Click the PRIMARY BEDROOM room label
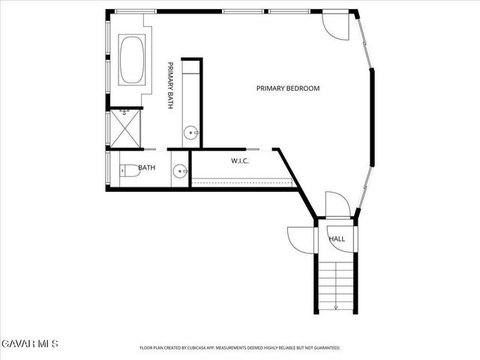pos(288,88)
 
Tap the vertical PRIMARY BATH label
pos(171,85)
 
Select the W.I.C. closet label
pos(240,161)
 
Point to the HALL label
pos(337,238)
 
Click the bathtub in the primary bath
pos(133,60)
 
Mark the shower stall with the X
pos(125,128)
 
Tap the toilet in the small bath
pos(130,170)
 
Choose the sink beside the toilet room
pos(179,172)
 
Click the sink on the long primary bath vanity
pos(192,133)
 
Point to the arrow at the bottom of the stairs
pos(336,307)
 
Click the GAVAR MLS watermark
pos(28,343)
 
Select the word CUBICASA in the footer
pos(202,348)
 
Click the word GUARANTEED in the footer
pos(324,348)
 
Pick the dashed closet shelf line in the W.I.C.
pos(241,179)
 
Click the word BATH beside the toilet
pos(146,167)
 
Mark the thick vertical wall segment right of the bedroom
pos(371,116)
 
